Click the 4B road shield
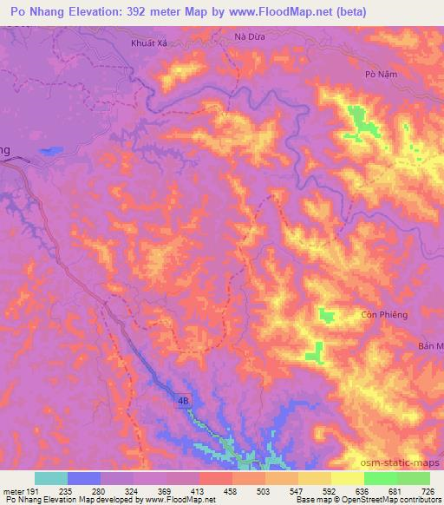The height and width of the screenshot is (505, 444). point(183,400)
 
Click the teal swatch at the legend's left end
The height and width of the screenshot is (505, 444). point(51,478)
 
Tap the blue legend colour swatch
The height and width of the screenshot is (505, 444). point(84,478)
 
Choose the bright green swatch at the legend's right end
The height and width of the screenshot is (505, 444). point(414,478)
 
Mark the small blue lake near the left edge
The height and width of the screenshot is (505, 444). point(49,151)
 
